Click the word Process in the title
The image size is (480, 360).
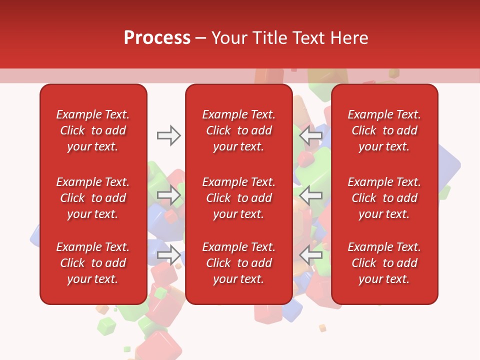pyautogui.click(x=157, y=38)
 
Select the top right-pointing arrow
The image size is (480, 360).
pyautogui.click(x=168, y=135)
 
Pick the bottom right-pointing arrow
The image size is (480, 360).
pyautogui.click(x=168, y=255)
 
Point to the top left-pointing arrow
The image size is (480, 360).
pyautogui.click(x=311, y=135)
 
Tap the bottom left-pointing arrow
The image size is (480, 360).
pyautogui.click(x=311, y=255)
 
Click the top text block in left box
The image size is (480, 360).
pyautogui.click(x=93, y=130)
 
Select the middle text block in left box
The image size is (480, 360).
pyautogui.click(x=93, y=198)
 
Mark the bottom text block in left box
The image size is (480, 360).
pyautogui.click(x=93, y=263)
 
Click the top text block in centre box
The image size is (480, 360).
pyautogui.click(x=238, y=130)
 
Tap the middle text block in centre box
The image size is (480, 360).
pyautogui.click(x=238, y=198)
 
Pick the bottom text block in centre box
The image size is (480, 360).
pyautogui.click(x=238, y=263)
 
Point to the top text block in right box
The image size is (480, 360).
pyautogui.click(x=384, y=130)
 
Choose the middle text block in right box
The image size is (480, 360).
pyautogui.click(x=384, y=198)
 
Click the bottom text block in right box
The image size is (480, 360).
pyautogui.click(x=384, y=263)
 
